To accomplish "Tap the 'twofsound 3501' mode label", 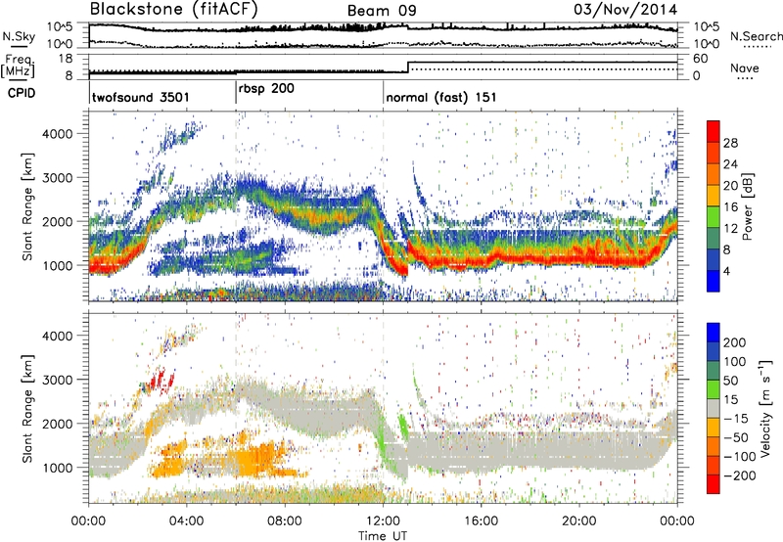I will point(140,98).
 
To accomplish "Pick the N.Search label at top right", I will point(753,35).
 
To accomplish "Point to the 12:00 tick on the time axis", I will point(383,519).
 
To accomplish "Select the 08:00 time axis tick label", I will point(285,519).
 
